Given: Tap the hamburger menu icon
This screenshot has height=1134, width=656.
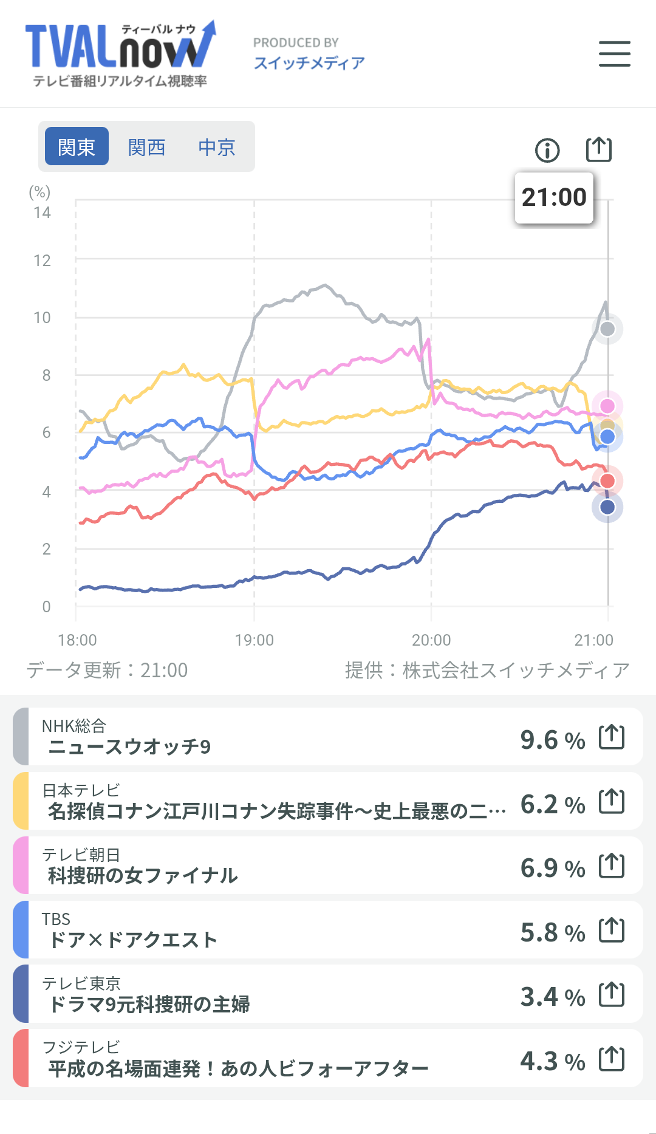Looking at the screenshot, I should pos(614,54).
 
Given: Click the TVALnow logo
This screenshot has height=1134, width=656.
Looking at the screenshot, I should pos(120,54).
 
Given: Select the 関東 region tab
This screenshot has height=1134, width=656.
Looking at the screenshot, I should pos(77,147).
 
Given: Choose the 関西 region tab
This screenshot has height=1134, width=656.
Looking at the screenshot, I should pos(147,147).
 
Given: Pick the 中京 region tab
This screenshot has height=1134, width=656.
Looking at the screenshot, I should pos(217,147).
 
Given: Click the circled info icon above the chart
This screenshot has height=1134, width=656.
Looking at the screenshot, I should pos(547,150).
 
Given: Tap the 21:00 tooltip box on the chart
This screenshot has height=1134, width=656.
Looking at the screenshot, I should pos(554,197).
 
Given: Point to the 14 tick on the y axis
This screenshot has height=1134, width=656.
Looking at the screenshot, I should pos(42,213).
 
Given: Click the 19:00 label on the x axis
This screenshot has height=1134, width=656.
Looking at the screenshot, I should pos(254,640).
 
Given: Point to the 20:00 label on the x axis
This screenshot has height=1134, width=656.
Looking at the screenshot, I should pos(431,640).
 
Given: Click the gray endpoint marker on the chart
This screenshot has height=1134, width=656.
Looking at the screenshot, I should pos(607,329).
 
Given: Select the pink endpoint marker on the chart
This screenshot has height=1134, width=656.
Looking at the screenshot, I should pos(607,406).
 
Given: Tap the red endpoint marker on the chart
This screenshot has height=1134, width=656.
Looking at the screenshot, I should pos(607,481).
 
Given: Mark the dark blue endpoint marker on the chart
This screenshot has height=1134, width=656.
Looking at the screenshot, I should pos(607,507).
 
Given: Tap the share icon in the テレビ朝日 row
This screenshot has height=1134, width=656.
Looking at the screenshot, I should pos(612,866).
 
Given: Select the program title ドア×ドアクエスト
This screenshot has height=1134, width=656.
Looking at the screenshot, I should pos(132,940).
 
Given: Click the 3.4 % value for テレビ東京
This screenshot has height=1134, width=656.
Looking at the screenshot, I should pos(552,997).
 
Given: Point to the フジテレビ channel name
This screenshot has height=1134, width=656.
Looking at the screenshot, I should pos(81,1047).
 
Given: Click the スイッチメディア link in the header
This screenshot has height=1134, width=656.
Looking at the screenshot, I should pos(309,63).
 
